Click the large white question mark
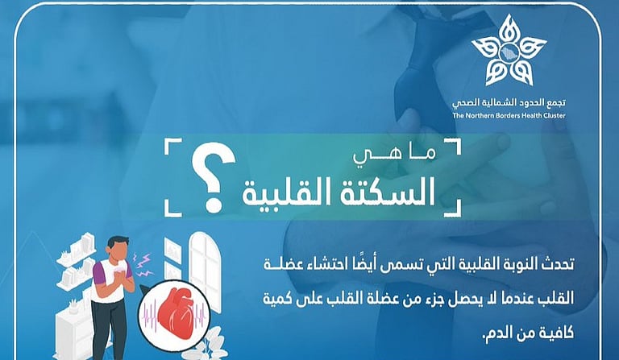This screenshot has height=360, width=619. pos(211,183)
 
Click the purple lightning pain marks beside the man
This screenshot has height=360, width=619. pos(145,261)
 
